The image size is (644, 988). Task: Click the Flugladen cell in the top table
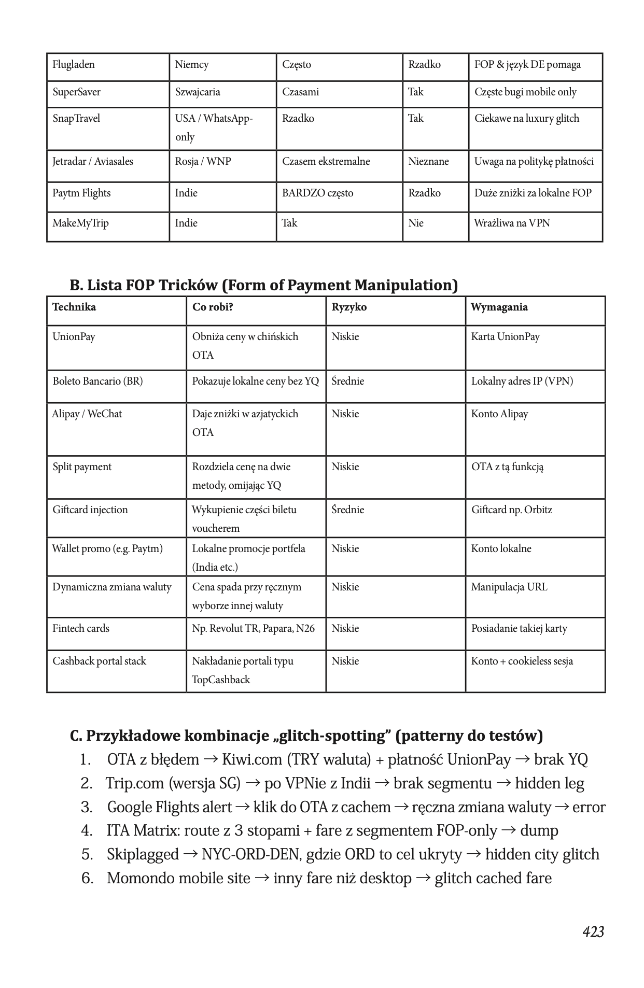pos(74,65)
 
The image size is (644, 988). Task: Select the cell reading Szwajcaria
pos(198,92)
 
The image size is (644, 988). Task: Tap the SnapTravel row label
pos(76,119)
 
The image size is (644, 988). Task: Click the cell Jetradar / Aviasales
pos(93,162)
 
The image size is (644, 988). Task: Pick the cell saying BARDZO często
pos(317,193)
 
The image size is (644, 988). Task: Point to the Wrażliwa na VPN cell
pos(512,223)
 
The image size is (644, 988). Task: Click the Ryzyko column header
pos(349,307)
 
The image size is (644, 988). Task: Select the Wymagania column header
pos(499,307)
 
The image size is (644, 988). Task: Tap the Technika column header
pos(74,307)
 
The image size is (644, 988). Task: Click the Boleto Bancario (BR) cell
pos(97,382)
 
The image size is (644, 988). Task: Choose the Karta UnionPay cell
pos(505,337)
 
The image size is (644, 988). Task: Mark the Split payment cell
pos(82,467)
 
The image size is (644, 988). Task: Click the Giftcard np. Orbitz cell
pos(511,510)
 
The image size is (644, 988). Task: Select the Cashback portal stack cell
pos(99,661)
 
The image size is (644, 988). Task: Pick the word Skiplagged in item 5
pos(143,854)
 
